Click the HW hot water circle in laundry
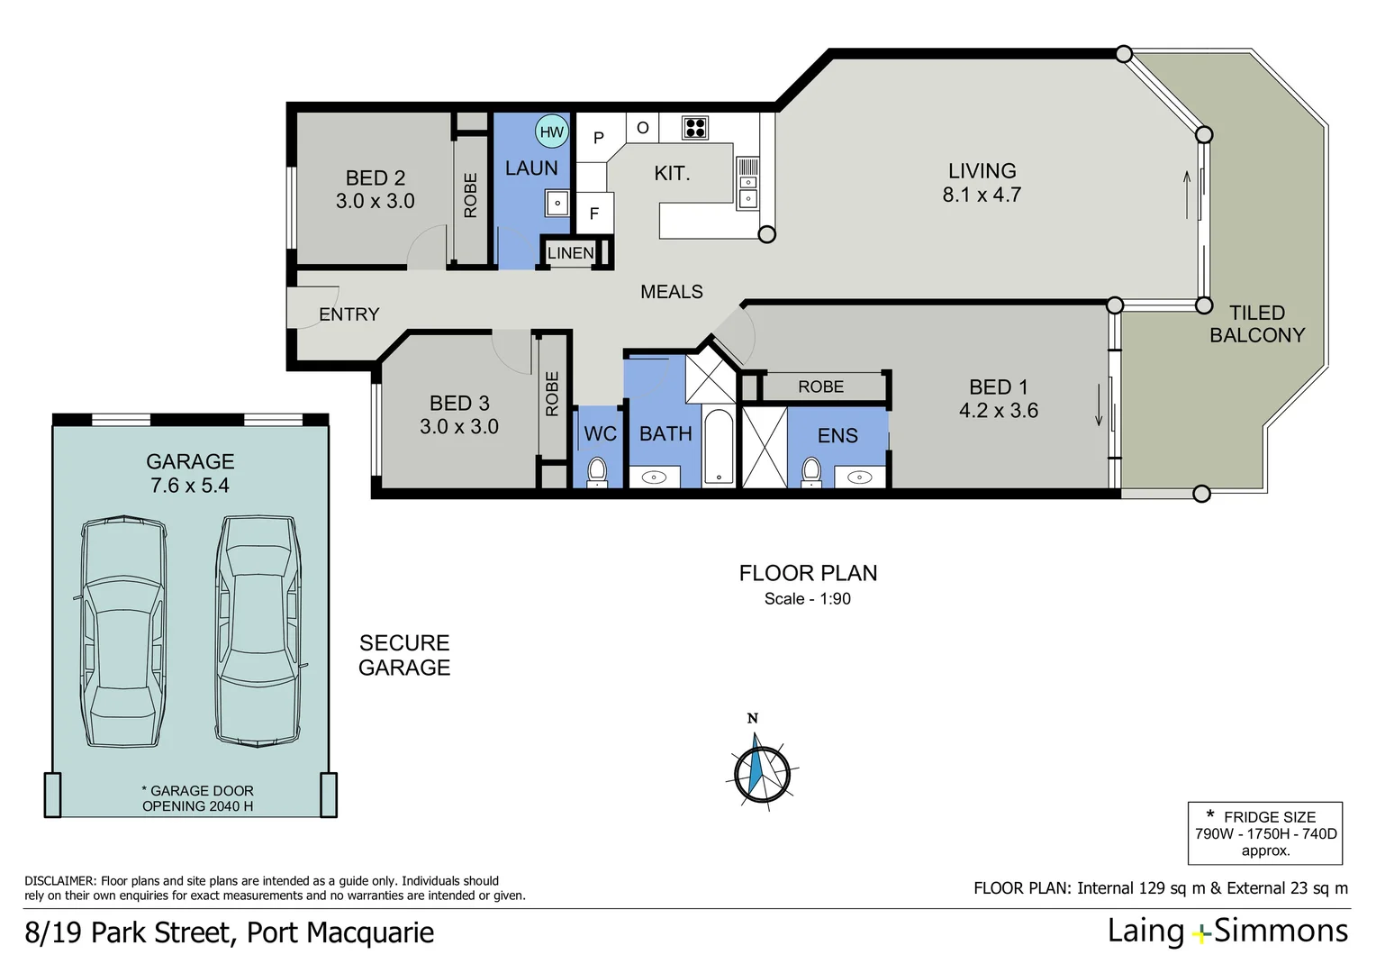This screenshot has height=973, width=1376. tap(551, 132)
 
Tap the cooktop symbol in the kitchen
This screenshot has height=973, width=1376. tap(694, 128)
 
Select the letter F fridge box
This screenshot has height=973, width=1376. tap(594, 214)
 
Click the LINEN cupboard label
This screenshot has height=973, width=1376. tap(571, 253)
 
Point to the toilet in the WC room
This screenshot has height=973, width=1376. tap(597, 470)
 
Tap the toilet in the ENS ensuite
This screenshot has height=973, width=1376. tap(810, 470)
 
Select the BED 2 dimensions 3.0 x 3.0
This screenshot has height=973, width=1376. tap(375, 202)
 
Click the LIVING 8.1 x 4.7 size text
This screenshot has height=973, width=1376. tap(982, 195)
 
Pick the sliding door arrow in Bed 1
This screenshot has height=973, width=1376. tap(1099, 406)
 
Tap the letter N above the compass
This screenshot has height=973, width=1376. tap(753, 718)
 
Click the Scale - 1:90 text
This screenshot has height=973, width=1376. tap(807, 599)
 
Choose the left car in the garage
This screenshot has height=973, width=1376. tap(123, 632)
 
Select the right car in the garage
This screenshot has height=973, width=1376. tap(258, 630)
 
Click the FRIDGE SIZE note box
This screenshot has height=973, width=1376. tap(1265, 833)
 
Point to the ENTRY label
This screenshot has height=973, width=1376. tap(349, 314)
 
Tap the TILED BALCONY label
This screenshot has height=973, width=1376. tap(1257, 324)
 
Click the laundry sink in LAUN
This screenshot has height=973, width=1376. tap(557, 204)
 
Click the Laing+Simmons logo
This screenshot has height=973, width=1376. tap(1227, 932)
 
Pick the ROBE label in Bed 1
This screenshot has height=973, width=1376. tap(820, 386)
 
